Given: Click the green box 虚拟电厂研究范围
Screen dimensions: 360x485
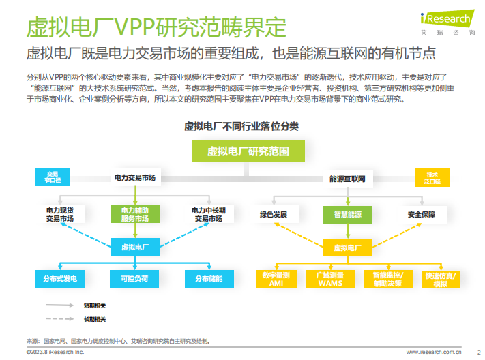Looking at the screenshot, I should coord(248,151).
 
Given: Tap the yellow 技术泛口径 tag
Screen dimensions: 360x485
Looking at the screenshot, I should coord(432,178).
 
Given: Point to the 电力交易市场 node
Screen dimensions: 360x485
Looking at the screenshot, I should coord(134,178).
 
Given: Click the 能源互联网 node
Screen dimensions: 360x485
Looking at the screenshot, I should coord(348,179).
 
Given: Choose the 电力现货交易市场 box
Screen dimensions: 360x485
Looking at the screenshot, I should coord(65,214).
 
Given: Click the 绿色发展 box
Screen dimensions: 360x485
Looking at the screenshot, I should coord(273,214).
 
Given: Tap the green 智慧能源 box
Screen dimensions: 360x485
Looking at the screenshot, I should coord(347,214).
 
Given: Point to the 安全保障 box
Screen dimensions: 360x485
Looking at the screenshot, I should coord(421,214).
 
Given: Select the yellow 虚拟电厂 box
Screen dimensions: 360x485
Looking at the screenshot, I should coord(347,247).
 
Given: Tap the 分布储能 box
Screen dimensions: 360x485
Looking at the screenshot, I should coord(209,279).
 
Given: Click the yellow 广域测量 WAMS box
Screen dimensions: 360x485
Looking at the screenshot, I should coord(329,279).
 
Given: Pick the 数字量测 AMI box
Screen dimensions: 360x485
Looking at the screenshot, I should coord(276,279).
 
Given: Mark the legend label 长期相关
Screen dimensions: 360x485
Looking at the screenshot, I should coord(94,318).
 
